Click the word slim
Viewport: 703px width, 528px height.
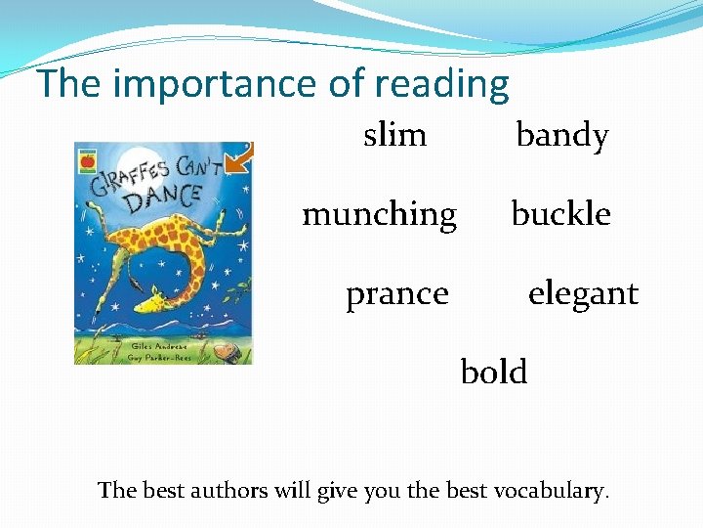coord(394,135)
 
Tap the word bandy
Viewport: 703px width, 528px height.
coord(561,135)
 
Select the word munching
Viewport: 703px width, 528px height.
coord(379,214)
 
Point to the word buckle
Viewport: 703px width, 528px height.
coord(561,214)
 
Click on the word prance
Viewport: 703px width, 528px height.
coord(397,293)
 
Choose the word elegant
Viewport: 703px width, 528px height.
coord(583,293)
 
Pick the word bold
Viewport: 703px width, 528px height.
coord(494,373)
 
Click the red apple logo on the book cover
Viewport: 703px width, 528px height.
coord(89,159)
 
